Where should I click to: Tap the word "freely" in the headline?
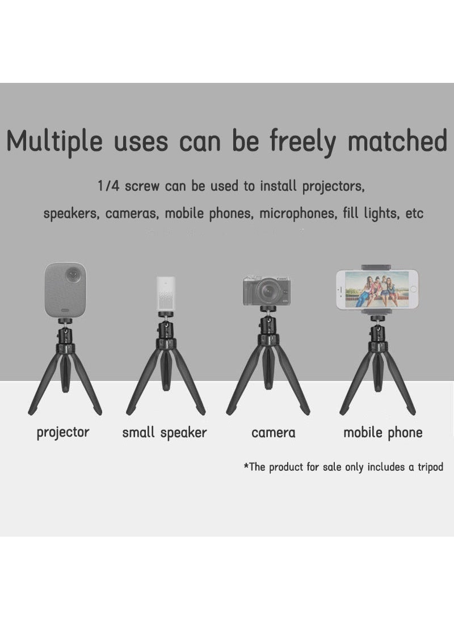[x=302, y=143]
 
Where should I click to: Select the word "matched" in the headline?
[x=397, y=141]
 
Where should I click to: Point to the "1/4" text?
[x=108, y=186]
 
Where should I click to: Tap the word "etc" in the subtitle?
[x=415, y=214]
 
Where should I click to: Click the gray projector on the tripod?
[x=65, y=290]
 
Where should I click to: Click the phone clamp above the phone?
[x=377, y=267]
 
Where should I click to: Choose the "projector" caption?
[x=63, y=432]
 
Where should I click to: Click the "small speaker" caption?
[x=165, y=433]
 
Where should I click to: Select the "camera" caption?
[x=274, y=433]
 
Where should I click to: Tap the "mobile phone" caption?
[x=383, y=433]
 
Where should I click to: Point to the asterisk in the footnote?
[x=246, y=466]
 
